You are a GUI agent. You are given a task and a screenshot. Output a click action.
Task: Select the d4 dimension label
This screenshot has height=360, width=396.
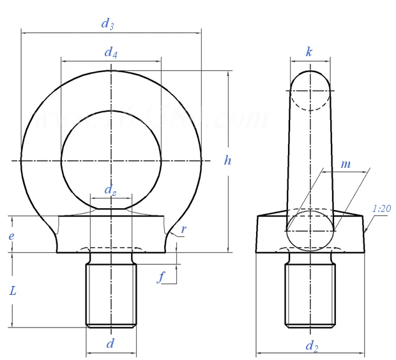[x=110, y=53]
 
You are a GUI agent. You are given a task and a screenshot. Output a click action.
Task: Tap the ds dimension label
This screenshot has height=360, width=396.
[x=110, y=190]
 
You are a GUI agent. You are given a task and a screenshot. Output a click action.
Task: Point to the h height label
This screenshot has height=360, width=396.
[x=227, y=161]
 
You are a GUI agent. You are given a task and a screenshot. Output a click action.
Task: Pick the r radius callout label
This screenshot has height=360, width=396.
[x=183, y=229]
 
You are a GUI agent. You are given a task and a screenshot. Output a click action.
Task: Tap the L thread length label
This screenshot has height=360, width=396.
[x=13, y=290]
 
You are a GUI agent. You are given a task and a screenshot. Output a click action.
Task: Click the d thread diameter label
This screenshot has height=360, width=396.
[x=110, y=343]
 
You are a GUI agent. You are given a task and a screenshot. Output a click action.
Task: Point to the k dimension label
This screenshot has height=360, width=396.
[x=309, y=52]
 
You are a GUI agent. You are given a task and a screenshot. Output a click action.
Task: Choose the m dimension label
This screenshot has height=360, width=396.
[x=346, y=164]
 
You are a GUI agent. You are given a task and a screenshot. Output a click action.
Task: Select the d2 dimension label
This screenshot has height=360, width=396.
[x=311, y=347]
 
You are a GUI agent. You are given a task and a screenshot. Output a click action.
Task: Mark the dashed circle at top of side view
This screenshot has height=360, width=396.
[x=310, y=91]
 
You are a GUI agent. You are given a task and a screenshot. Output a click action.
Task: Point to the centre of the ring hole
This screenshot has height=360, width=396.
[x=111, y=160]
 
